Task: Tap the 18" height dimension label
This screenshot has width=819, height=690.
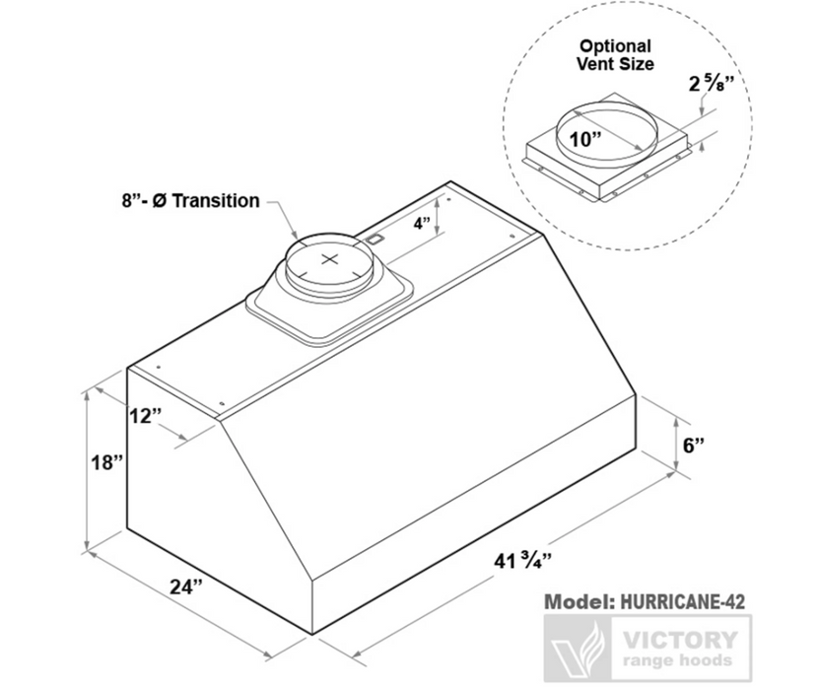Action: pos(105,462)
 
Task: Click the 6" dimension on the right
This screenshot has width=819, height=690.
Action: pos(695,445)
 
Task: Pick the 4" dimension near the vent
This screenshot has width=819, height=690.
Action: pos(422,224)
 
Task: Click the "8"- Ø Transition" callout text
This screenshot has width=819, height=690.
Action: pos(185,201)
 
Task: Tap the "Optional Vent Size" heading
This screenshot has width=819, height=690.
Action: pos(614,54)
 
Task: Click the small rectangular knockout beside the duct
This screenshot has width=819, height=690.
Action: pos(375,238)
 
